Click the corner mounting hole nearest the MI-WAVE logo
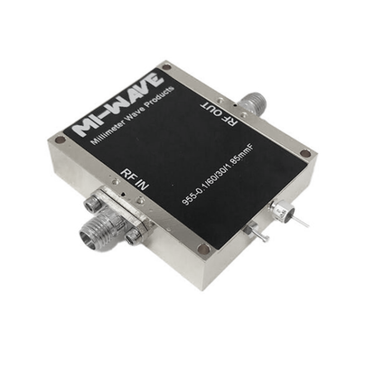(x=59, y=140)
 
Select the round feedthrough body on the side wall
(x=281, y=214)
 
